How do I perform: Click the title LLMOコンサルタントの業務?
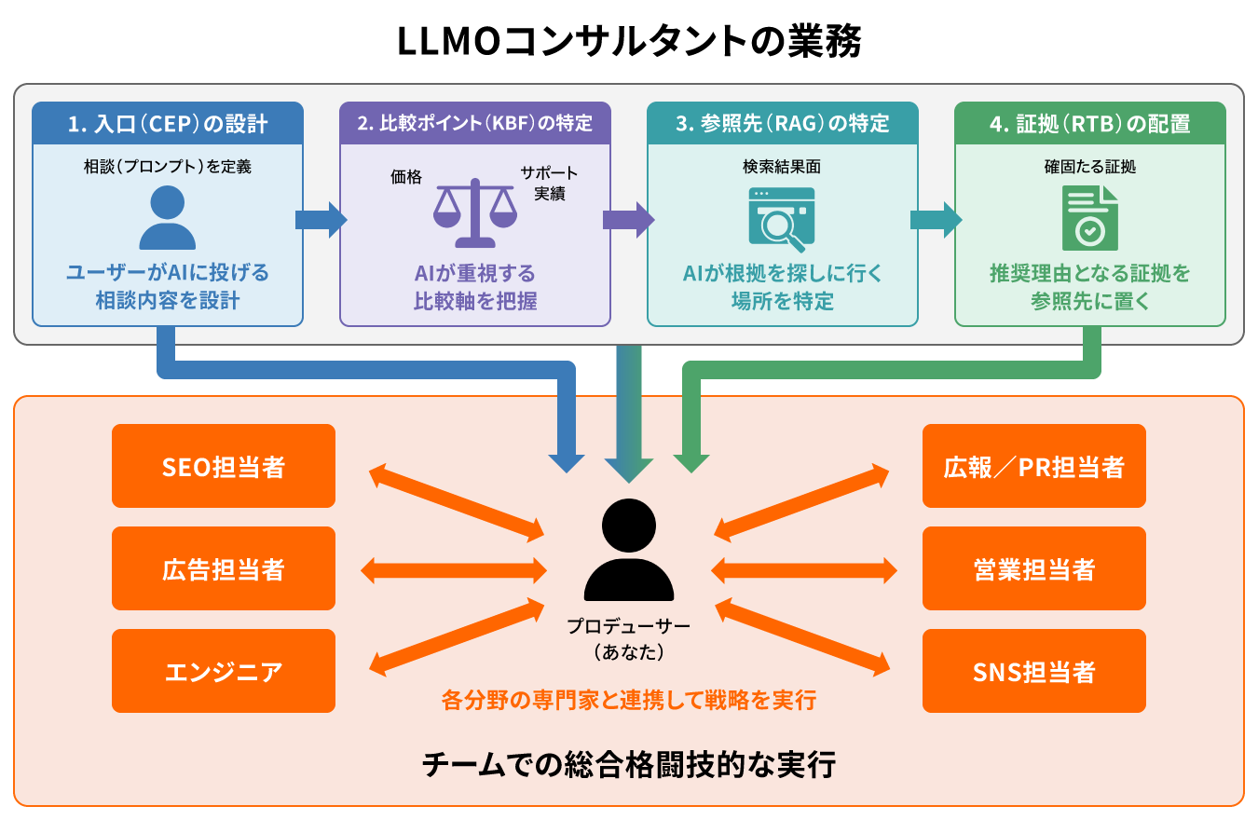(629, 43)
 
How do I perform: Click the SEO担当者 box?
(224, 466)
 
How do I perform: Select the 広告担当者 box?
(224, 568)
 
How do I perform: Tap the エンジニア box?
(224, 671)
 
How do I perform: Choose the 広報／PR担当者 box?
(1033, 466)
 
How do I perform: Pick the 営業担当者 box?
(1033, 568)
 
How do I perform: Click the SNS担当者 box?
(1033, 671)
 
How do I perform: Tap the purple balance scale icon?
(474, 214)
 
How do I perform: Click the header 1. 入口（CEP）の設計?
(168, 123)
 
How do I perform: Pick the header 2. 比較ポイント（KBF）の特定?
(474, 123)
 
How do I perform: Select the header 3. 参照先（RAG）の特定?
(783, 123)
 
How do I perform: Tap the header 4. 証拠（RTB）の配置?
(1089, 123)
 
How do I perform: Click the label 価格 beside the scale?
(406, 176)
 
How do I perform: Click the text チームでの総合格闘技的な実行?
(629, 765)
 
